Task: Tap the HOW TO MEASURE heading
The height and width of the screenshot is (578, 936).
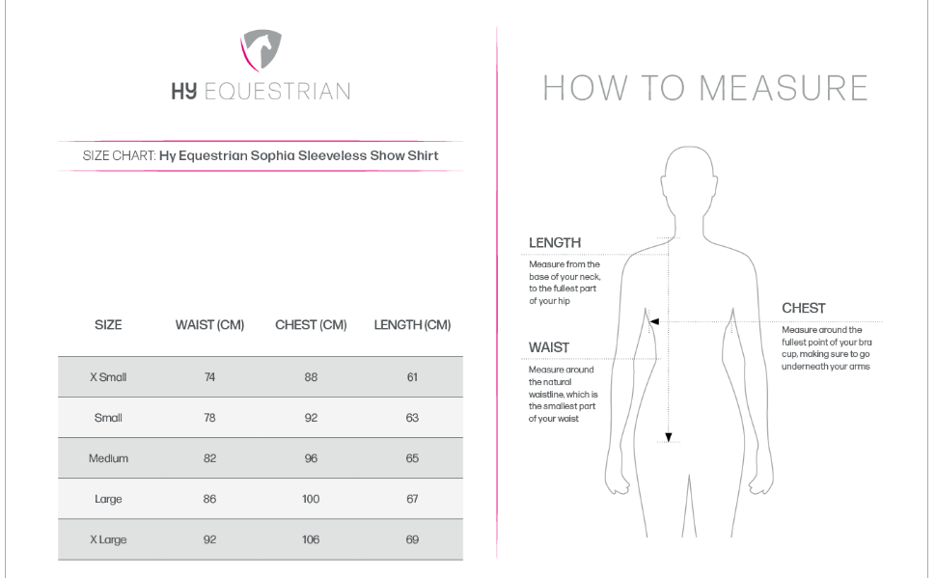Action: click(705, 89)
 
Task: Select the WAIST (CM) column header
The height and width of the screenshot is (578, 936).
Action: click(209, 325)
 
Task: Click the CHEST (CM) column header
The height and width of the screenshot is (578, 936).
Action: click(311, 325)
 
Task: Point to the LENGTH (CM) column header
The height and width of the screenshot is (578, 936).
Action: click(412, 325)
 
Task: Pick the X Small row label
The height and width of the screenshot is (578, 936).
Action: click(108, 377)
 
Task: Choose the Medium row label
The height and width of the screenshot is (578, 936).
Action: click(108, 458)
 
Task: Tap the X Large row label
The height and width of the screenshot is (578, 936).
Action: click(108, 539)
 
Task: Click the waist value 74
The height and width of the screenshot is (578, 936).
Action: click(209, 377)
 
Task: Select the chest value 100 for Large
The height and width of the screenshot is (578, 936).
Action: click(311, 499)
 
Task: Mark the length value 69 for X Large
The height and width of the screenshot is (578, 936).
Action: click(412, 539)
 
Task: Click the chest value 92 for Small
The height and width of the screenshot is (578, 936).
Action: click(311, 418)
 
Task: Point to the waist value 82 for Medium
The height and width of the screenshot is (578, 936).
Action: click(209, 458)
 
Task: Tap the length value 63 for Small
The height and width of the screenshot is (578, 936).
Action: click(412, 418)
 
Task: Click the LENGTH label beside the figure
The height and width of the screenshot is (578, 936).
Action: click(555, 243)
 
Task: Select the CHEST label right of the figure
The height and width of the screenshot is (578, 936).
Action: click(804, 309)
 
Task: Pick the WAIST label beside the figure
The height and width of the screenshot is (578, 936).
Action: click(549, 347)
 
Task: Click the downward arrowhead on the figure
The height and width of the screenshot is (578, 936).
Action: click(668, 437)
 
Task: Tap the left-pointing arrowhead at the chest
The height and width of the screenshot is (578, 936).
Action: click(654, 321)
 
